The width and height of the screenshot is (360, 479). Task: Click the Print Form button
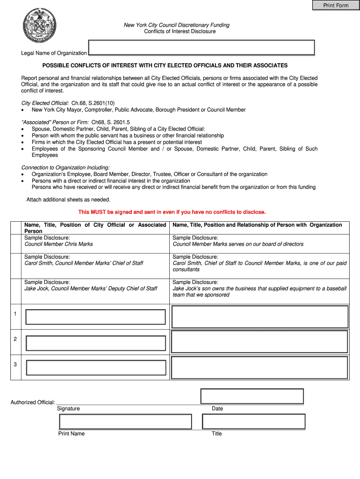pos(336,5)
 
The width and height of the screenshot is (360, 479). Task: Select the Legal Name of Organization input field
pos(202,48)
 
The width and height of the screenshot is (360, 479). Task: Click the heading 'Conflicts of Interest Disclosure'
pos(180,31)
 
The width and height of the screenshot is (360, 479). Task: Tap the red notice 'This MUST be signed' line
pos(172,212)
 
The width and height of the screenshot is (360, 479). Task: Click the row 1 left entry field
pos(95,317)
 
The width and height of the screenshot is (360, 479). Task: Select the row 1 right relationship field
pos(260,317)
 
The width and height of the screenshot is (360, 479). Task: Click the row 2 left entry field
pos(95,343)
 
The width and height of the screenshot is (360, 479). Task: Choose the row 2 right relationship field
pos(260,341)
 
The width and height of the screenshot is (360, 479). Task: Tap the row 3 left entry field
pos(95,368)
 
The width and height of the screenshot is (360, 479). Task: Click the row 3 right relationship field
pos(260,367)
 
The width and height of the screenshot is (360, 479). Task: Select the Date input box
pos(252,396)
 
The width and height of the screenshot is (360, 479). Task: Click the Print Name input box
pos(125,421)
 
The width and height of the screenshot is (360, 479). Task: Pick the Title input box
pos(253,421)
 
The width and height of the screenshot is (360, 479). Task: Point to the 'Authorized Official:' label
pos(33,402)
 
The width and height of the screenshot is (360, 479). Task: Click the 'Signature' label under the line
pos(68,408)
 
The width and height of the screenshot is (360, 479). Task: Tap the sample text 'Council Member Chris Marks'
pos(58,244)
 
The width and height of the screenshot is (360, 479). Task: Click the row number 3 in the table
pos(15,364)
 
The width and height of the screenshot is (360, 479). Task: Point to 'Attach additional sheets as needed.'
pos(68,199)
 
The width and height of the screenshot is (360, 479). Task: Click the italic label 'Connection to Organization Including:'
pos(65,167)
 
